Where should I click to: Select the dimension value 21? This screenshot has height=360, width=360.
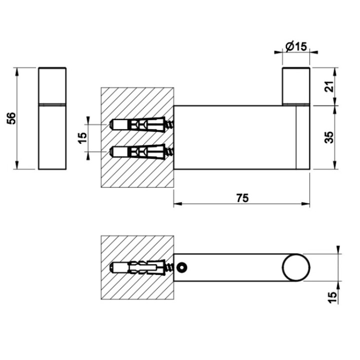(x=328, y=86)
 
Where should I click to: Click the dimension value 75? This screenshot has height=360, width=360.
(x=241, y=198)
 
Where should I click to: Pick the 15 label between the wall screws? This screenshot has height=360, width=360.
(x=83, y=136)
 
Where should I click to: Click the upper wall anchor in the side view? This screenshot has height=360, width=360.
(x=138, y=124)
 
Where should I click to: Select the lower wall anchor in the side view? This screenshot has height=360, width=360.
(x=138, y=151)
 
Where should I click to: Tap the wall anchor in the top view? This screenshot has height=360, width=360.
(x=138, y=267)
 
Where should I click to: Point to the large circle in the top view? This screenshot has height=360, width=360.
(x=295, y=267)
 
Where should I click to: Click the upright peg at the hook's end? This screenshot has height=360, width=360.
(x=295, y=85)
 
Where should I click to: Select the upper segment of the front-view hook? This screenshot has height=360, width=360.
(x=52, y=85)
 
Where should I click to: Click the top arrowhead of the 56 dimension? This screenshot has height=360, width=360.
(x=18, y=70)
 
